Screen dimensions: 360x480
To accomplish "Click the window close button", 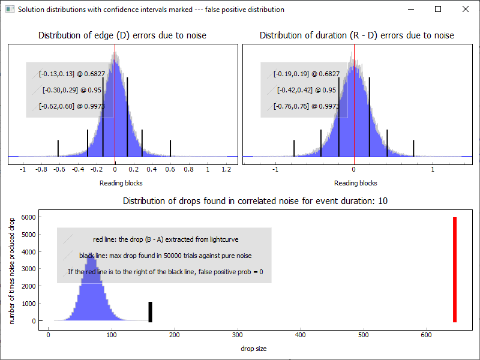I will coord(466,10).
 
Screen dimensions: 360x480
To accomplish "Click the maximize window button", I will coord(438,10).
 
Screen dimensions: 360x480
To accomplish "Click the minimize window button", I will coord(410,10).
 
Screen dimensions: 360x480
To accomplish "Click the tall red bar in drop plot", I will coord(455,270).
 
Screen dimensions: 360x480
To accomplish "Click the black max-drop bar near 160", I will coord(151,311).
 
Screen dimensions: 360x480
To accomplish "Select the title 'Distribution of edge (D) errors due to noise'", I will coord(122,35).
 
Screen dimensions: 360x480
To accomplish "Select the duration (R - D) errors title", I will coord(356,35).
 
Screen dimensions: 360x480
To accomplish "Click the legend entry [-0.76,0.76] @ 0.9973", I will coord(307,106).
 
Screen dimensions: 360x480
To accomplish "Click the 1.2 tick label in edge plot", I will coord(226,170).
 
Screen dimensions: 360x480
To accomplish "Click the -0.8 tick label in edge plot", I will coord(41,170).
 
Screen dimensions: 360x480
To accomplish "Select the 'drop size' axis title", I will coord(254,349).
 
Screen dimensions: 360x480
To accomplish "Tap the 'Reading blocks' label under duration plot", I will coord(356,183).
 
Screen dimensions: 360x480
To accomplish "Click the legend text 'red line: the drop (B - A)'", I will coord(166,239).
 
